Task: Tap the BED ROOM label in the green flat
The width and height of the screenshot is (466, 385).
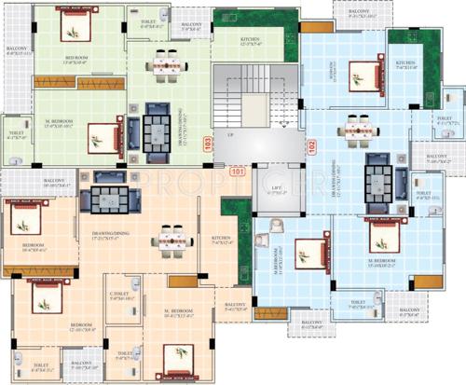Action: [76, 60]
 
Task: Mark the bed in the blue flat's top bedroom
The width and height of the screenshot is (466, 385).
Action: [363, 74]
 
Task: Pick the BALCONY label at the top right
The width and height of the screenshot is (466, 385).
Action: [360, 12]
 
